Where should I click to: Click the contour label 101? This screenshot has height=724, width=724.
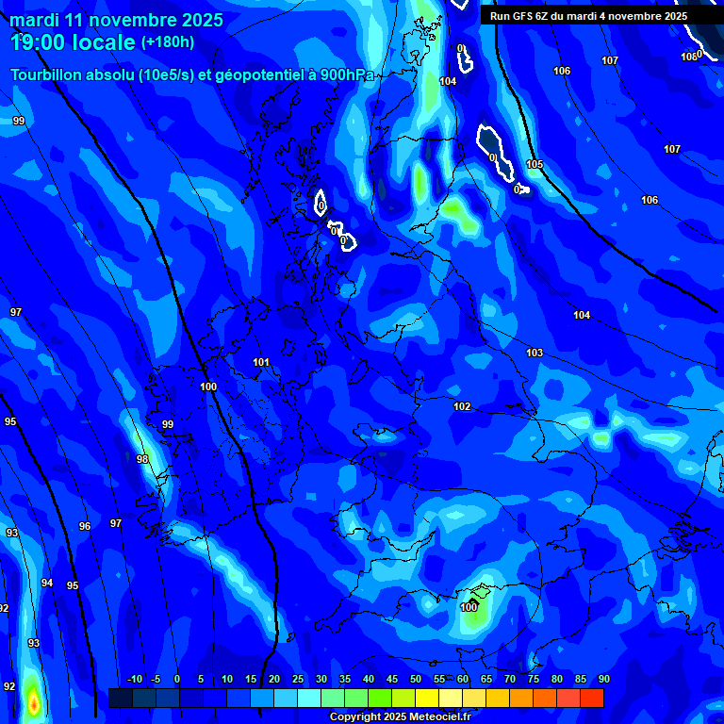coord(261,362)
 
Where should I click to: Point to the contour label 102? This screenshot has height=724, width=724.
coord(462,406)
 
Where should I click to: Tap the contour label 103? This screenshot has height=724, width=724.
coord(535,353)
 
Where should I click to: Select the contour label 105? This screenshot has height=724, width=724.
coord(535,164)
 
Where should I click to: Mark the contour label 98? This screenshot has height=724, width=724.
coord(142,459)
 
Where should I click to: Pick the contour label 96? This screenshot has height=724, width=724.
coord(85,526)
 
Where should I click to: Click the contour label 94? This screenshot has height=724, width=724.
coord(47,583)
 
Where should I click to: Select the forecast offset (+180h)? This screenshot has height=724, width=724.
coord(168,41)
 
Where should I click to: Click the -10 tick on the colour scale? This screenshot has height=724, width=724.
coord(134,679)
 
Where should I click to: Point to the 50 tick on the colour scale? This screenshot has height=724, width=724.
coord(416,679)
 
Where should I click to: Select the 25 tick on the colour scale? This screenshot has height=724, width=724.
coord(298,679)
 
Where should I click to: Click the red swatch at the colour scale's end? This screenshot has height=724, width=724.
coord(591,698)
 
